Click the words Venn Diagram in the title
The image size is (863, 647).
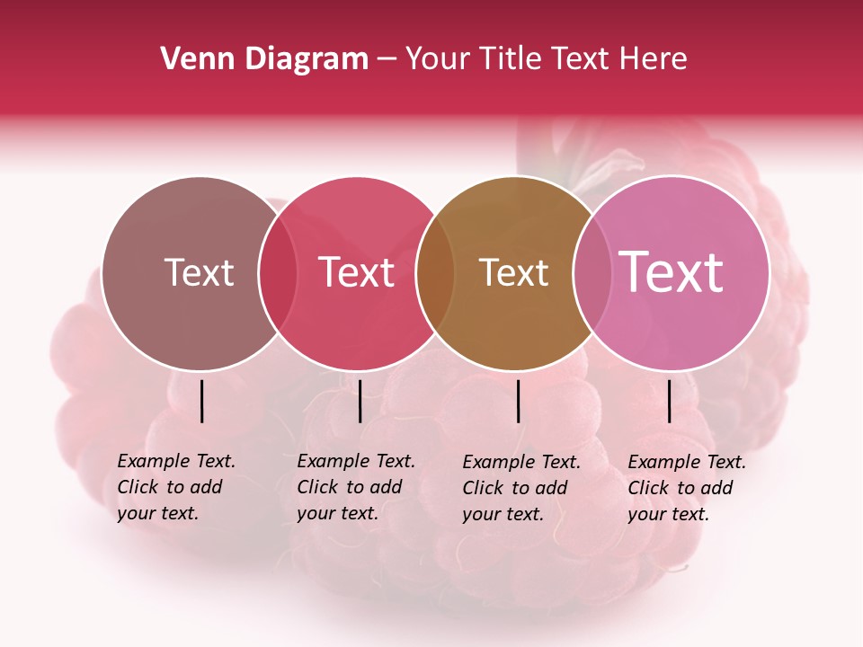[264, 59]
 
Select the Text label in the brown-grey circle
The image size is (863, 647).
[199, 272]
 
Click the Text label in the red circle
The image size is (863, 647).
[356, 272]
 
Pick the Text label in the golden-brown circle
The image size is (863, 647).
[513, 272]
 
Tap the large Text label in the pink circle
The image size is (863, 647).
[671, 271]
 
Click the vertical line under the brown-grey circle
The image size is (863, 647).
[201, 401]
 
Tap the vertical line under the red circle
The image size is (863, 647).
[360, 401]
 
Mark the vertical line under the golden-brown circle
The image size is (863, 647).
[518, 401]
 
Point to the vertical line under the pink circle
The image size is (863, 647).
[669, 401]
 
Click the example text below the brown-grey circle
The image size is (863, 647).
[175, 487]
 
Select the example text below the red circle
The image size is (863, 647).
[355, 487]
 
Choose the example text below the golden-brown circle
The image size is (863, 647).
[520, 488]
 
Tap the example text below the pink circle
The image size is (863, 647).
[686, 488]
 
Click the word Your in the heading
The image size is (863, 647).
[437, 59]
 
